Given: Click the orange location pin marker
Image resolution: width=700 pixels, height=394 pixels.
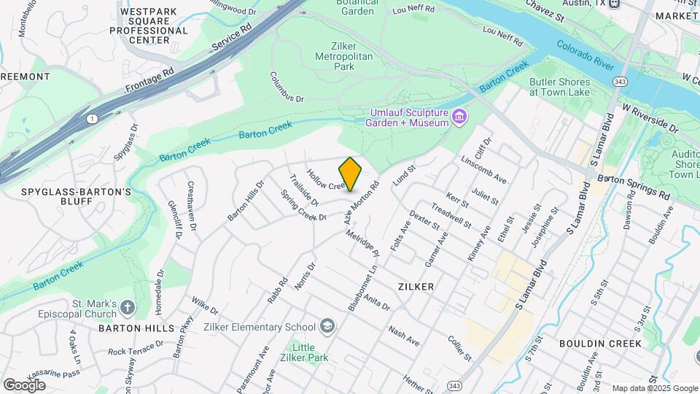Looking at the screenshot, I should (351, 174).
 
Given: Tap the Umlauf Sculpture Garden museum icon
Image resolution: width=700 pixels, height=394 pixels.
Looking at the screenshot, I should (459, 116).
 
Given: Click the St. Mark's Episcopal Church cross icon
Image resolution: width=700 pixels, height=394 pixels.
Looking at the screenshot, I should (128, 308).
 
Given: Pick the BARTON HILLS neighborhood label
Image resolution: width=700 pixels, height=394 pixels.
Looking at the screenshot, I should (136, 328).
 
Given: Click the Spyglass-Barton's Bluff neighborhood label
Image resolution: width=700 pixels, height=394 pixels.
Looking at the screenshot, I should (77, 197).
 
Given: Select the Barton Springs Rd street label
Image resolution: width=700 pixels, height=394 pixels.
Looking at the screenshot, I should (634, 187).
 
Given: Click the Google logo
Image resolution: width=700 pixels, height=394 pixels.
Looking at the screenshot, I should (24, 385).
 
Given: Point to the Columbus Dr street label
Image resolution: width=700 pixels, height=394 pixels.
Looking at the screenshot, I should (286, 87).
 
